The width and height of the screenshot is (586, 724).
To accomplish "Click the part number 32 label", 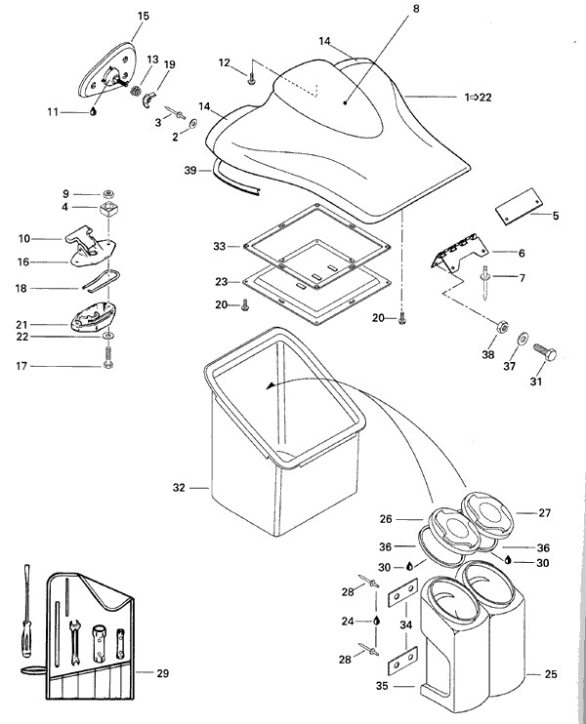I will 178,485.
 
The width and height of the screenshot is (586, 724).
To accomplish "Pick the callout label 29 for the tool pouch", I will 162,672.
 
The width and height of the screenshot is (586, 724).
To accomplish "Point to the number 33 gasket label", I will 220,246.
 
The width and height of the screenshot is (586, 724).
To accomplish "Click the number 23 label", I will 221,281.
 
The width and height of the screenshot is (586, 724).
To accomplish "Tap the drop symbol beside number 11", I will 93,111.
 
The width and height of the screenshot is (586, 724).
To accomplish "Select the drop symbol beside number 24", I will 375,621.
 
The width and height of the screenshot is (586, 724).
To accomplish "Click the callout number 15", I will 144,17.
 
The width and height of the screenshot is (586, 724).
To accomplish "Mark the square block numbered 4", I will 108,210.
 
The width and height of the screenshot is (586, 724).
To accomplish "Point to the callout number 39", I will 190,170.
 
